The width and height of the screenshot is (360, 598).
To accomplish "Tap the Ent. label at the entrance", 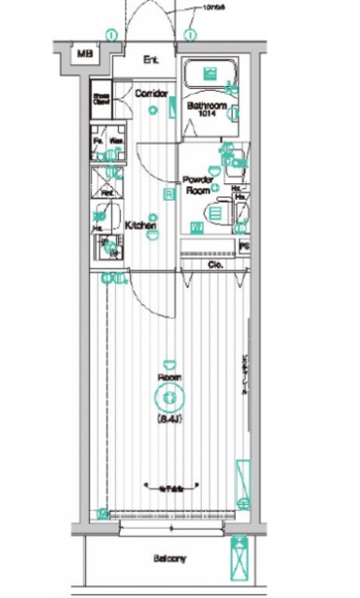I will (151, 61).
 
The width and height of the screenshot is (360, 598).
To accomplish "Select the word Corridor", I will (151, 93).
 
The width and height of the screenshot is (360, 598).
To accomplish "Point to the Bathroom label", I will (207, 107).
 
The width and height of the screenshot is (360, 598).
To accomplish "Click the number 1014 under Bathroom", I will (208, 117).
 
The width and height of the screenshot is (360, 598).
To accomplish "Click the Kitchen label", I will (139, 226).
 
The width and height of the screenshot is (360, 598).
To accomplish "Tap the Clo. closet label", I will (214, 264).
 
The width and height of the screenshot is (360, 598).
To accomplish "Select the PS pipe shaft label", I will (244, 248).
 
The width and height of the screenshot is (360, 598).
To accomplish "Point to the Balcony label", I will (170, 560).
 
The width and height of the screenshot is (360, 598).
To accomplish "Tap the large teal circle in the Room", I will (170, 399).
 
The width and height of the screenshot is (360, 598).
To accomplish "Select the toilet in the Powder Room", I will (216, 215).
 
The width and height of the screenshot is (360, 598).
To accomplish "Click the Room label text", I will (169, 377).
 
